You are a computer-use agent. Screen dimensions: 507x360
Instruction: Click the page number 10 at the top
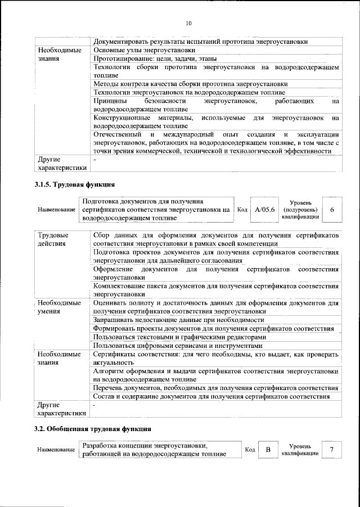[188, 23]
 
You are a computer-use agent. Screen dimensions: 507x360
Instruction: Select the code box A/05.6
[264, 209]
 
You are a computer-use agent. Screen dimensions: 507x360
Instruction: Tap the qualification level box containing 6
[332, 209]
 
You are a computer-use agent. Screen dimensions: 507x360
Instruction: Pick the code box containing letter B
[268, 450]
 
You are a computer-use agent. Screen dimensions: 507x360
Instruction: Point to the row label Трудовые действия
[52, 239]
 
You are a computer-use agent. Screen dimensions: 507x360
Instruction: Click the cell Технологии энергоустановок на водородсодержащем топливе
[190, 92]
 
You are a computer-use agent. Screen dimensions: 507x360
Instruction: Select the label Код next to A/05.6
[242, 210]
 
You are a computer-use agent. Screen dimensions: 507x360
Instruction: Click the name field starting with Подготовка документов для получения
[156, 209]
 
